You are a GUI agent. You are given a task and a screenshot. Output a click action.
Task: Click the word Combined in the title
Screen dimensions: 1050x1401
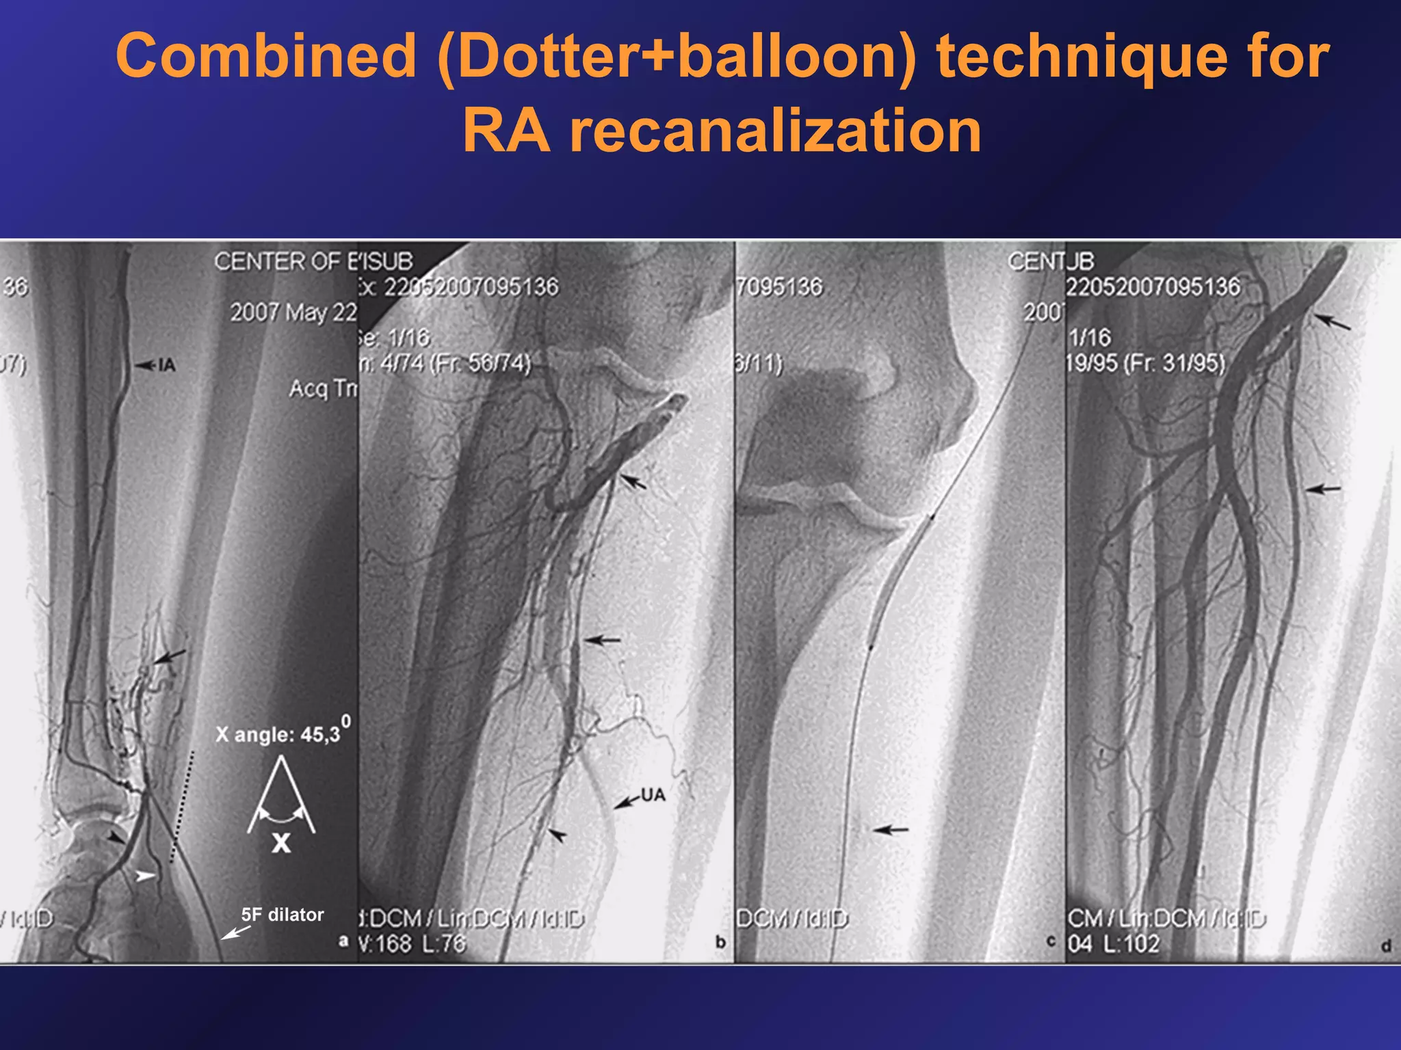tap(265, 56)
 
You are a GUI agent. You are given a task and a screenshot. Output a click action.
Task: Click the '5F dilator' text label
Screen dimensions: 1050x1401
tap(282, 915)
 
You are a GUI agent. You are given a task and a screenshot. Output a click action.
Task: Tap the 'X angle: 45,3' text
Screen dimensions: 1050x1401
tap(278, 734)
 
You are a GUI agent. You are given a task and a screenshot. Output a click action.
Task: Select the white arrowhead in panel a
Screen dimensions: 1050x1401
tap(144, 876)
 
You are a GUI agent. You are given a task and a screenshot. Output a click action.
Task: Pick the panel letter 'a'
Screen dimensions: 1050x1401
tap(343, 941)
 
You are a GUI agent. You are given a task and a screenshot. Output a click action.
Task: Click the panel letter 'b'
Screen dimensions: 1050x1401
tap(720, 942)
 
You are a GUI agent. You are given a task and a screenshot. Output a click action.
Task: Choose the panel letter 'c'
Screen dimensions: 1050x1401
tap(1051, 941)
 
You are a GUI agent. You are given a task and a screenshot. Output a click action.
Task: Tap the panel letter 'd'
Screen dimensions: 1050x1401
tap(1385, 946)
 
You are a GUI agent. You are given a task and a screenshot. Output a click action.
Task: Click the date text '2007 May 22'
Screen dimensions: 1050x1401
tap(293, 312)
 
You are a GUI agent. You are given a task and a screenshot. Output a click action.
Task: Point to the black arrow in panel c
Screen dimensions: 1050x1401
tap(891, 830)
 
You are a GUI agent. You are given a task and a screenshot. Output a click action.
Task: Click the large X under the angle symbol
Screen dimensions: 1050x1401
tap(281, 844)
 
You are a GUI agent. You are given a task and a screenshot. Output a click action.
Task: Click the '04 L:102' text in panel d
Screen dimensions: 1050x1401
tap(1114, 944)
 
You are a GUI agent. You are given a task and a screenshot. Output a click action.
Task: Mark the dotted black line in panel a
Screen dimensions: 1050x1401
tap(182, 807)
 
